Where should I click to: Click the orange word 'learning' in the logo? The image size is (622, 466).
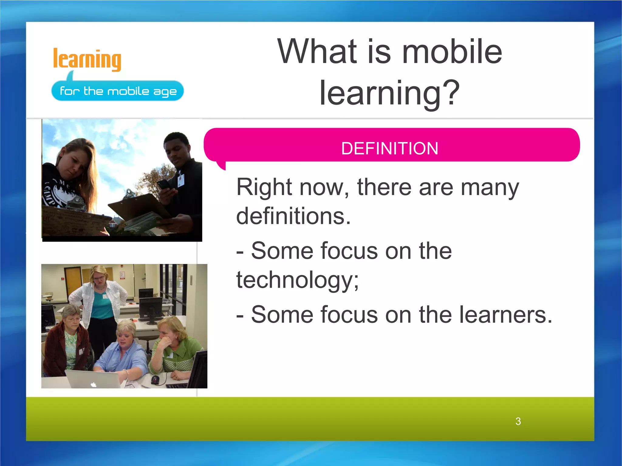click(x=87, y=59)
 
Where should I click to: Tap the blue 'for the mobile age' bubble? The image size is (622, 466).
click(x=118, y=91)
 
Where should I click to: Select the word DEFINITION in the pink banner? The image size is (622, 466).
click(x=390, y=148)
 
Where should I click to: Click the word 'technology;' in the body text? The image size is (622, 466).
click(x=298, y=280)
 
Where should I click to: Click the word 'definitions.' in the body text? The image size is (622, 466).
click(x=293, y=216)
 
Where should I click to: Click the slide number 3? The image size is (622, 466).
click(x=518, y=421)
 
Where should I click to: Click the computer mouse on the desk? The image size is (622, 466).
click(x=155, y=379)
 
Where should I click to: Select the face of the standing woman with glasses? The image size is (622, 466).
click(x=99, y=277)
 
